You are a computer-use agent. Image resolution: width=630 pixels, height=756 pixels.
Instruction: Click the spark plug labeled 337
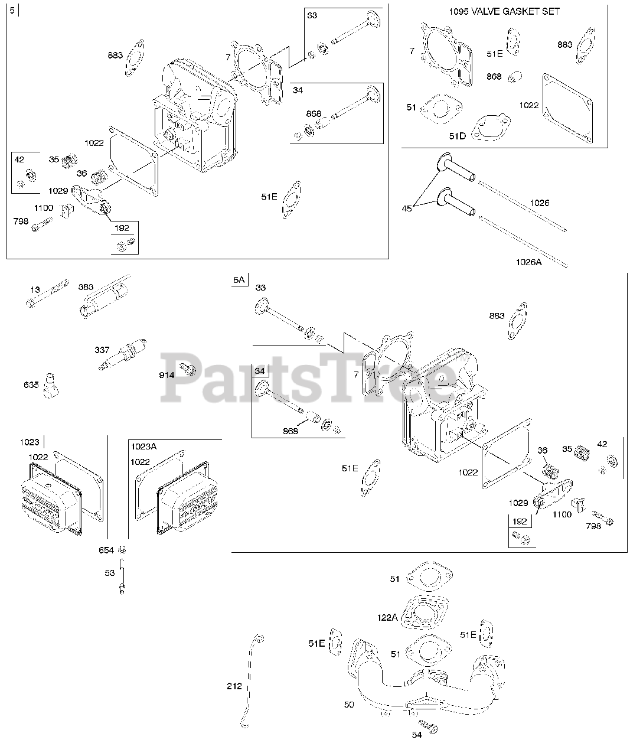click(x=122, y=354)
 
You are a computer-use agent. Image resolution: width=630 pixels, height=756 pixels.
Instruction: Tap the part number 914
click(x=167, y=375)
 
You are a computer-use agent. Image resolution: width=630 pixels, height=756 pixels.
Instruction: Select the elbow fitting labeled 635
click(x=51, y=386)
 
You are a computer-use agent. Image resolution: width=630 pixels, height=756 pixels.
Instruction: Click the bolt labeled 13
click(x=47, y=294)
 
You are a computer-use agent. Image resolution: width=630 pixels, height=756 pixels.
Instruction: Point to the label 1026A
click(x=528, y=262)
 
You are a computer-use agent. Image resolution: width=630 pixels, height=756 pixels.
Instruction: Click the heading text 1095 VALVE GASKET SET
click(x=504, y=12)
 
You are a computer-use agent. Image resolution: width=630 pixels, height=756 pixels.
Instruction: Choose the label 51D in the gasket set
click(x=457, y=136)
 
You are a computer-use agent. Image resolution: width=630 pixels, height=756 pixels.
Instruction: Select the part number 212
click(x=234, y=686)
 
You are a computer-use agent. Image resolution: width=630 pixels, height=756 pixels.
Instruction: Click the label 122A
click(x=387, y=617)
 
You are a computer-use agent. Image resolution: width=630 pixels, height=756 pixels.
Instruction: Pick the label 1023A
click(x=143, y=447)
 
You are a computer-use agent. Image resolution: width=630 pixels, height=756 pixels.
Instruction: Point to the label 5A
click(x=239, y=280)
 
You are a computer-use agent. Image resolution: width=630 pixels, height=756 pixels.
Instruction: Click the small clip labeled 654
click(x=123, y=550)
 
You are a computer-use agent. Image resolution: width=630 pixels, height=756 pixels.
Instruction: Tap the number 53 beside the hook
click(x=109, y=573)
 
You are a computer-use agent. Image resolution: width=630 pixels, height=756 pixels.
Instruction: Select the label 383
click(x=86, y=287)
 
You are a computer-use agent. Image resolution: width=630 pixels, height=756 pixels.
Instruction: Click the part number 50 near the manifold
click(x=349, y=705)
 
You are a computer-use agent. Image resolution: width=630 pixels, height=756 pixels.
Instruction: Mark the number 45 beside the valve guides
click(x=407, y=208)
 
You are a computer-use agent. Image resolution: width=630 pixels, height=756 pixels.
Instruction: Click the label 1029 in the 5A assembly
click(x=518, y=503)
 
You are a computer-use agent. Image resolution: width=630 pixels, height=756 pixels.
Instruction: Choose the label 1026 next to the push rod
click(x=540, y=203)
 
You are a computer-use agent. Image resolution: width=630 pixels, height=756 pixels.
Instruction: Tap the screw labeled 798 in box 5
click(x=42, y=224)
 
